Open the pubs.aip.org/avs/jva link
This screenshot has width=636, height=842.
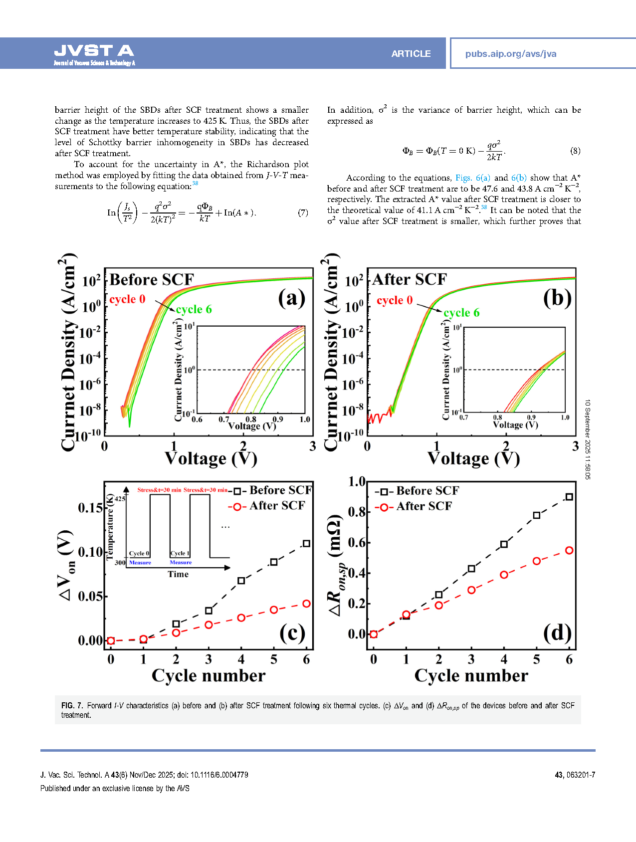tap(510, 54)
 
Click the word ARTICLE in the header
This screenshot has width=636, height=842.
tap(411, 54)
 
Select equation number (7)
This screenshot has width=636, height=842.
tap(303, 212)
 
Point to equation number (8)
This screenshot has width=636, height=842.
tap(575, 151)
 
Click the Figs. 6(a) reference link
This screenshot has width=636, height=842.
tap(472, 178)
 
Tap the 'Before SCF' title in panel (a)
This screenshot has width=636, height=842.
tap(152, 279)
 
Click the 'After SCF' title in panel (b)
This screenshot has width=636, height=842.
tap(410, 279)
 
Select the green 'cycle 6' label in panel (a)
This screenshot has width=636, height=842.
tap(194, 309)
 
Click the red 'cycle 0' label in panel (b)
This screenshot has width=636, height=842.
tap(395, 300)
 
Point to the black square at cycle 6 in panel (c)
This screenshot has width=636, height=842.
tap(306, 543)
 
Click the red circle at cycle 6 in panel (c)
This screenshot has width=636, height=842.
tap(306, 604)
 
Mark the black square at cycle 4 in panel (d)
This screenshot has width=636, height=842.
tap(504, 544)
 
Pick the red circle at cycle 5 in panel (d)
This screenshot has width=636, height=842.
tap(537, 561)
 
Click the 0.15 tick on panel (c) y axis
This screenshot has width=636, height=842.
tap(90, 508)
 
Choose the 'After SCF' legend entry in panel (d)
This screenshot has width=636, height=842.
tap(424, 506)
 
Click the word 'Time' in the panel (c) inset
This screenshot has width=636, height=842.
tap(178, 574)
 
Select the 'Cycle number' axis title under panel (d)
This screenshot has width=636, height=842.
tap(471, 675)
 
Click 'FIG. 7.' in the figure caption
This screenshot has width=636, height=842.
tap(72, 705)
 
